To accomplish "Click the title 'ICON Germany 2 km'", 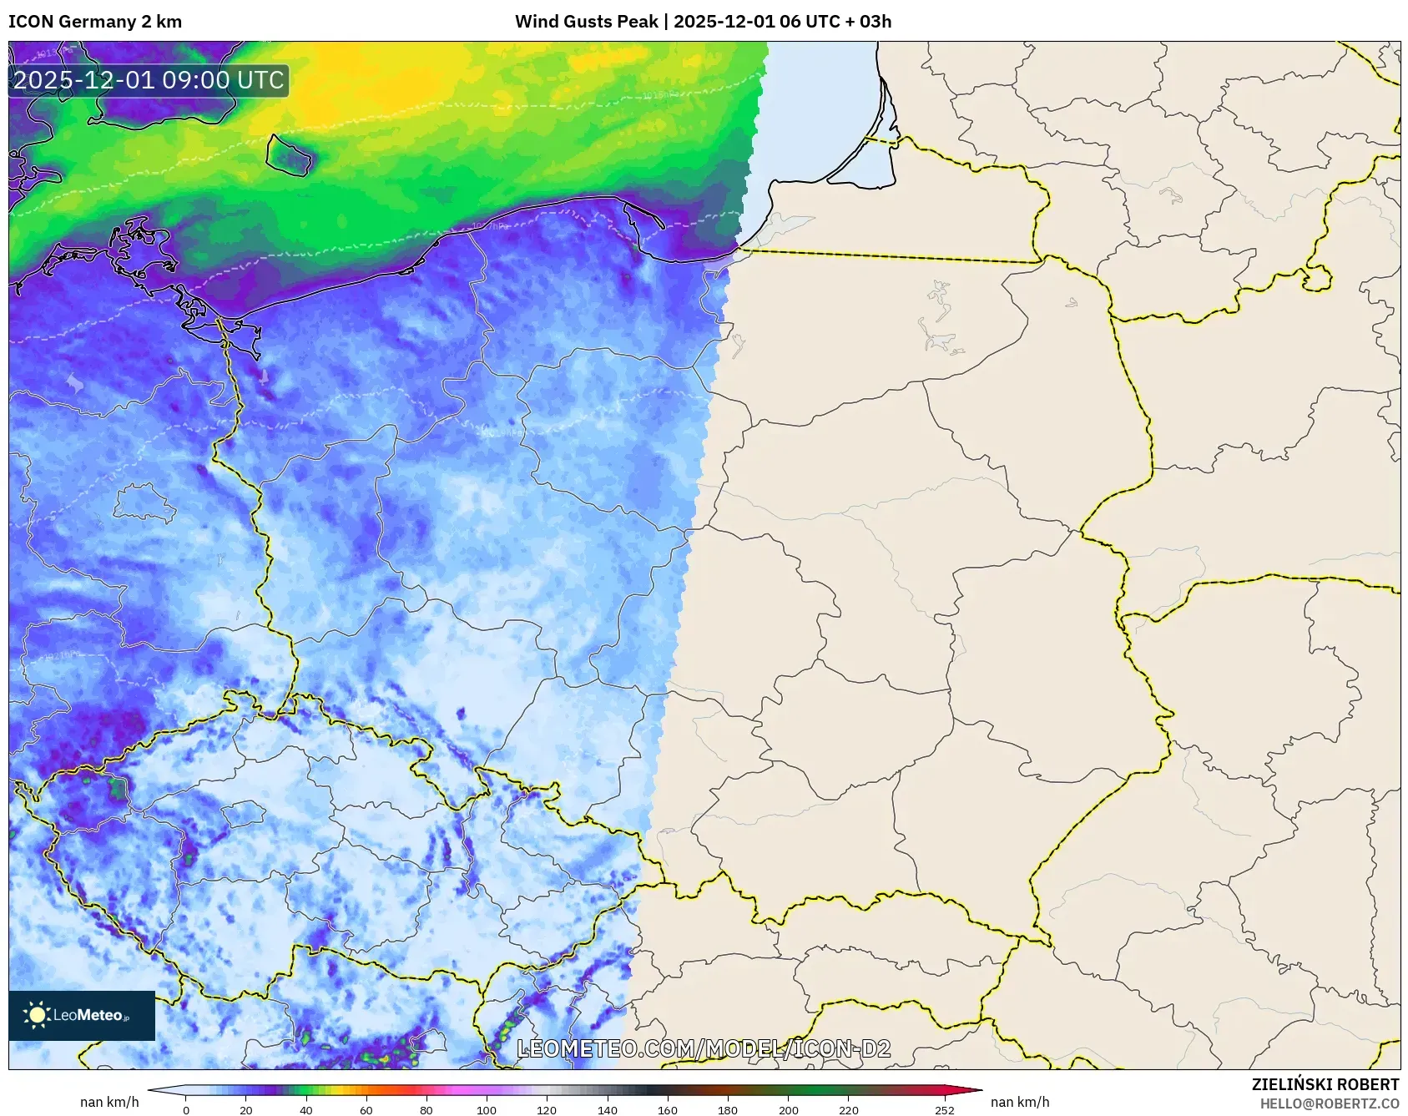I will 95,22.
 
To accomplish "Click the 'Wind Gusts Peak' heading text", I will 586,22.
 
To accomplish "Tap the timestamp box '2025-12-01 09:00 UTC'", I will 149,80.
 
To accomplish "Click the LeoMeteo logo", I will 82,1015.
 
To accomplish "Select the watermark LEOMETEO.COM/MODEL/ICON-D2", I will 704,1048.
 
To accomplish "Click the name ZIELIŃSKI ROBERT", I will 1325,1084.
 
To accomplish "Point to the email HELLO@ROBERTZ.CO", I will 1329,1103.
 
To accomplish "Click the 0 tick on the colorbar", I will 186,1110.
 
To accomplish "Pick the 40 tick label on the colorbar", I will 306,1110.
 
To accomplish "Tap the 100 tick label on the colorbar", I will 487,1110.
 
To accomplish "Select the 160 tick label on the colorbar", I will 668,1110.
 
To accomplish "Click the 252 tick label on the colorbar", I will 945,1110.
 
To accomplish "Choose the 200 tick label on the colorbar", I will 788,1110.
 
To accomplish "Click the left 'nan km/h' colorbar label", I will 109,1102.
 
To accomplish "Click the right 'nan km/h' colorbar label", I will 1020,1102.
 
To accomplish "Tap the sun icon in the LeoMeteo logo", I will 38,1015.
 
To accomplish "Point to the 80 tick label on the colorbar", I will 426,1110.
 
